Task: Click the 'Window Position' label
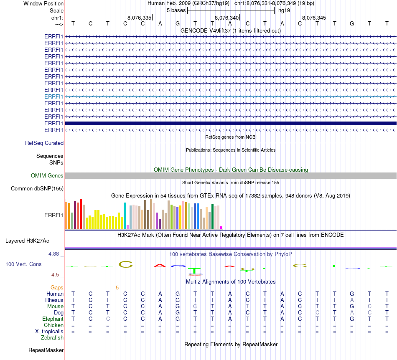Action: coord(43,3)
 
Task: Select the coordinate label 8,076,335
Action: coord(139,18)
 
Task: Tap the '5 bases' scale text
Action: coord(176,10)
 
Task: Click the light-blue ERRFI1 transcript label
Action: coord(54,96)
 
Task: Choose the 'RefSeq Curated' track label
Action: coord(44,143)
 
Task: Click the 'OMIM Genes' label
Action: coord(47,175)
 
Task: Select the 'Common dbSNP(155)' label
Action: coord(37,188)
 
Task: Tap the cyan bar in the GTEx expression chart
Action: coord(125,215)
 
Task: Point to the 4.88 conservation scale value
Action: coord(56,254)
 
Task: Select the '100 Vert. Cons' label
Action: coord(23,264)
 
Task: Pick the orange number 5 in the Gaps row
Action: coord(117,287)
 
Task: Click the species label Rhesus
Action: coord(54,300)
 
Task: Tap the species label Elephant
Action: coord(53,319)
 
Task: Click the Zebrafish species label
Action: coord(52,337)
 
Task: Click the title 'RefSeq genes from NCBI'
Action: coord(231,137)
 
